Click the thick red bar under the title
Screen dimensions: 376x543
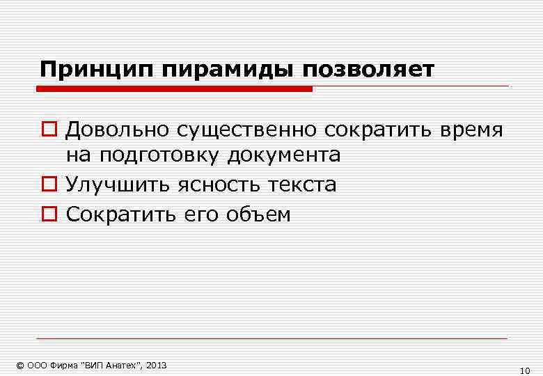[x=174, y=88]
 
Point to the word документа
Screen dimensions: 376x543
[x=283, y=155]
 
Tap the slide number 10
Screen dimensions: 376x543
[x=526, y=370]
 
